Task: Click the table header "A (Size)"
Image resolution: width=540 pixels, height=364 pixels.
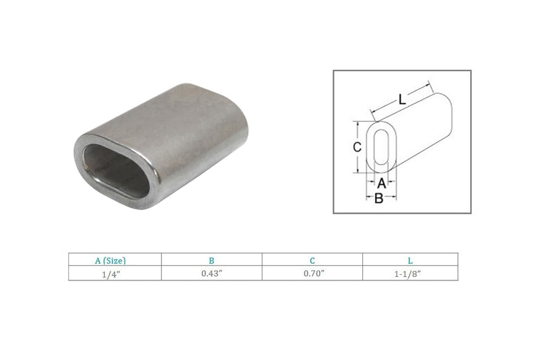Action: point(114,260)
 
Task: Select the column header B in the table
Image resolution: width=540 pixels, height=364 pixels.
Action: point(211,260)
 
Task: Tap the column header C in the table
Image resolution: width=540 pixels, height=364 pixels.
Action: point(312,260)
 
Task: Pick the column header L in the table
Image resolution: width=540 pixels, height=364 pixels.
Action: point(410,260)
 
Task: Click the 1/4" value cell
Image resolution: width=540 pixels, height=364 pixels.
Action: point(114,274)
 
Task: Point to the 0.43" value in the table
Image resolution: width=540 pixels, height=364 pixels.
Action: point(211,274)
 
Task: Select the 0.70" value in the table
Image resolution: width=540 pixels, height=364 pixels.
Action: point(312,274)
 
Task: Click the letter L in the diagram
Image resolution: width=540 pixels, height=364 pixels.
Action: point(402,99)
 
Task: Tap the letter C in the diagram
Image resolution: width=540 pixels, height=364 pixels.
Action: point(356,147)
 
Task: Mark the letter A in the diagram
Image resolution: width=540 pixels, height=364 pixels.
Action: point(381,183)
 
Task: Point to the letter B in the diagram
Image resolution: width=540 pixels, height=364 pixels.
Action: point(379,198)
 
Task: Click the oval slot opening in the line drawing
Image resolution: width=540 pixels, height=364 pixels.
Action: point(381,147)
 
